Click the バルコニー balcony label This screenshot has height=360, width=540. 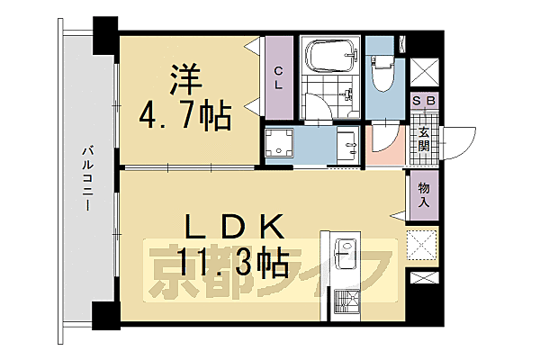88,179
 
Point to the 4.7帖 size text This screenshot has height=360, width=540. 185,115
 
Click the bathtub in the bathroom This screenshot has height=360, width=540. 330,56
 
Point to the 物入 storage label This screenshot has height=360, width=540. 422,196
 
